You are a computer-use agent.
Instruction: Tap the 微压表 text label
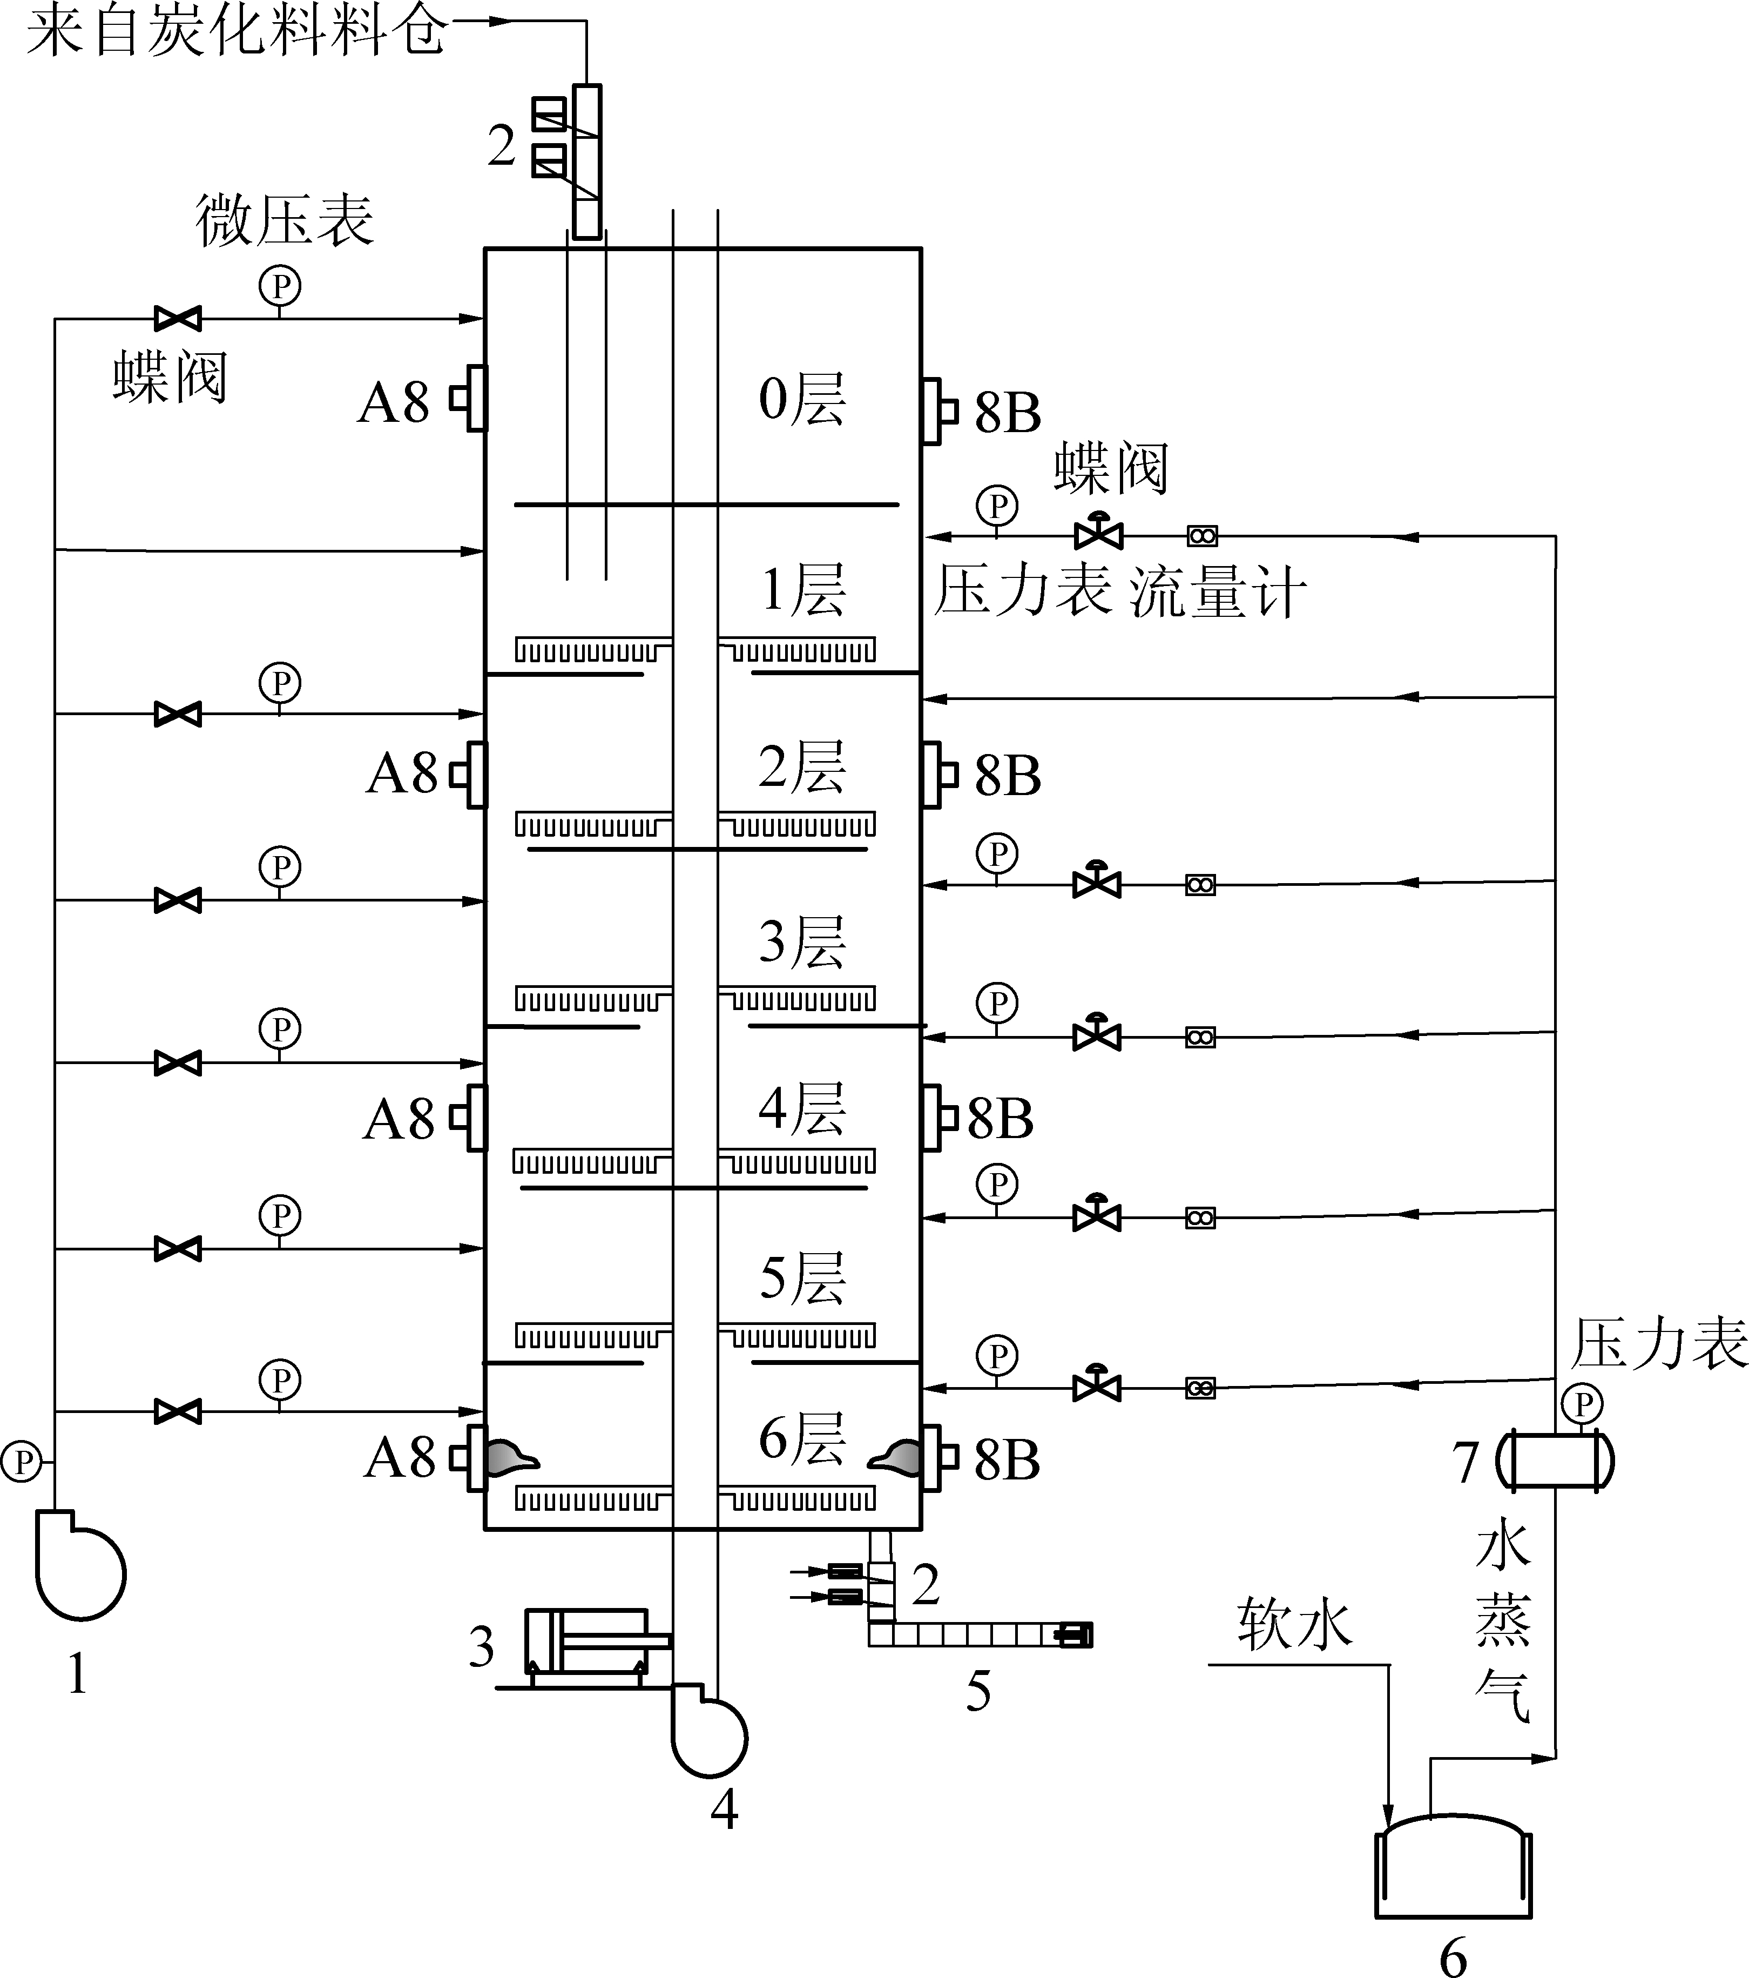[x=285, y=220]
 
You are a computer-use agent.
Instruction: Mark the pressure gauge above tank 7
[x=1583, y=1403]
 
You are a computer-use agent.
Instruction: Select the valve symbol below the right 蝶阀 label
[x=1098, y=532]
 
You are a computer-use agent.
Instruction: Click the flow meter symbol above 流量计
[x=1201, y=535]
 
